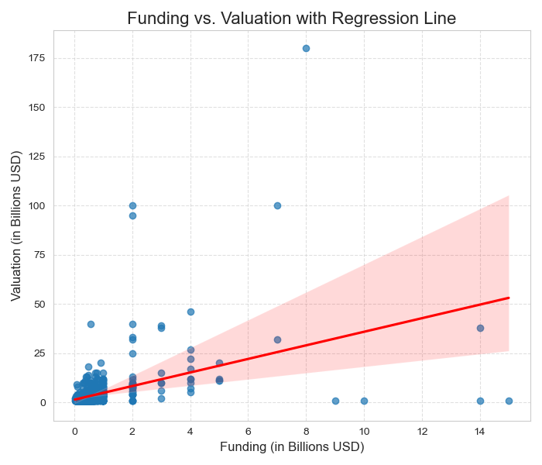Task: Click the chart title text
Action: click(x=291, y=18)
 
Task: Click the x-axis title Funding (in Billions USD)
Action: click(x=291, y=447)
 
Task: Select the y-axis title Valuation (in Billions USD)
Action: click(x=16, y=226)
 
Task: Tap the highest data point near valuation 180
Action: click(x=306, y=48)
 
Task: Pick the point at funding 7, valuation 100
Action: click(x=277, y=205)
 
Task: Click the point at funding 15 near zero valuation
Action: click(x=509, y=401)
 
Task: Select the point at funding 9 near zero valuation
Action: click(x=335, y=401)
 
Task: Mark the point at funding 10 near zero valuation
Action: click(x=364, y=401)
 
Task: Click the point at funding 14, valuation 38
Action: click(x=480, y=328)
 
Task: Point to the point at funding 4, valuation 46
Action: click(x=190, y=312)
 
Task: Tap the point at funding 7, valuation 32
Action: click(x=277, y=339)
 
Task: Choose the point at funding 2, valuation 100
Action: click(x=132, y=205)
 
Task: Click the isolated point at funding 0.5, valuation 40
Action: click(x=91, y=324)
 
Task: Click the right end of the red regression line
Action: click(x=509, y=298)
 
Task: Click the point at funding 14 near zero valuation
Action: click(x=480, y=401)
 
